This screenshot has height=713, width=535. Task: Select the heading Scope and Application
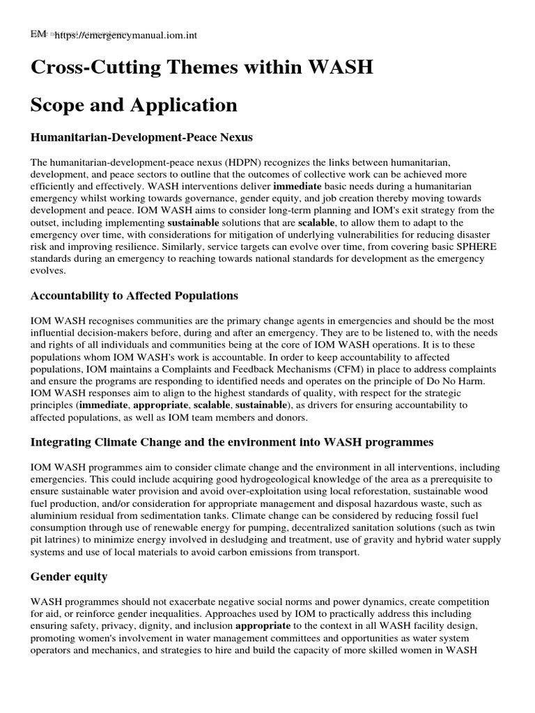pyautogui.click(x=134, y=105)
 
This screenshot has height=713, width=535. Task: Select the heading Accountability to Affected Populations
pyautogui.click(x=134, y=296)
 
